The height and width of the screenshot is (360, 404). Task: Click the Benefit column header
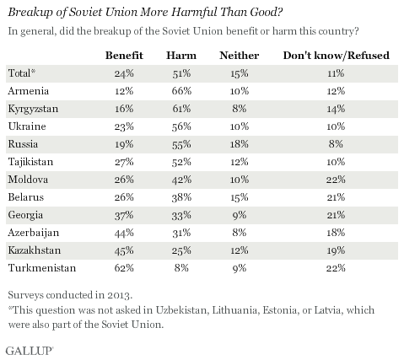[x=124, y=56]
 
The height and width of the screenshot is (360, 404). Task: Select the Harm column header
[x=181, y=56]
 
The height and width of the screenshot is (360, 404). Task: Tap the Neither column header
[x=240, y=56]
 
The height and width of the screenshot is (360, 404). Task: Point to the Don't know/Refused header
[x=337, y=56]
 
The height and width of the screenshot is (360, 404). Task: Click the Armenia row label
[x=29, y=91]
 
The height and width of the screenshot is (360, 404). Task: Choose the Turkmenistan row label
[x=42, y=268]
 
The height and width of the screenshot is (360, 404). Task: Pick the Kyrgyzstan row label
[x=33, y=109]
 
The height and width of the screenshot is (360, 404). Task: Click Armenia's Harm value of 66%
[x=181, y=91]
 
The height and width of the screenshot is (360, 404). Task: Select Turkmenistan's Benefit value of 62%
[x=124, y=268]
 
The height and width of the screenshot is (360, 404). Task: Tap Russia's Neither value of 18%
[x=240, y=144]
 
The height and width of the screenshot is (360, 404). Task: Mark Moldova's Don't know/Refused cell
[x=336, y=180]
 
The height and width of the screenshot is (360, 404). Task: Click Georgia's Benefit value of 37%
[x=124, y=215]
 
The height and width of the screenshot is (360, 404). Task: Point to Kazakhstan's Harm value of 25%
[x=181, y=250]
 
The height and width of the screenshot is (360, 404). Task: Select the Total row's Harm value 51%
[x=181, y=73]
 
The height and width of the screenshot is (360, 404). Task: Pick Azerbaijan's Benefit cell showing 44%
[x=124, y=233]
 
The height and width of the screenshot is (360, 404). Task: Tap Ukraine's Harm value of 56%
[x=181, y=126]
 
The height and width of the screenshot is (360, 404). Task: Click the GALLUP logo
[x=30, y=351]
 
